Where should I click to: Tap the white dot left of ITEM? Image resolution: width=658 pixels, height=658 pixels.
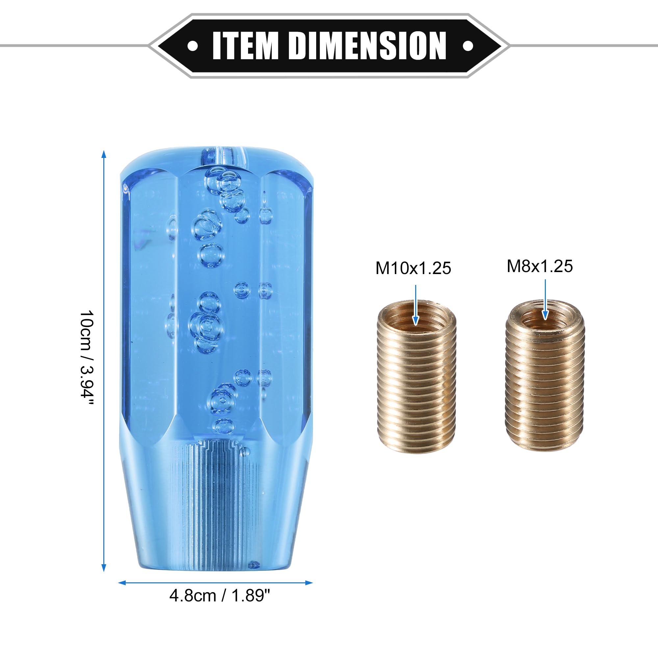tap(193, 46)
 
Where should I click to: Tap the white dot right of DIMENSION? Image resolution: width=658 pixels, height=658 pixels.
tap(468, 46)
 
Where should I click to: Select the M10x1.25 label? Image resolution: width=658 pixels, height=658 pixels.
tap(413, 268)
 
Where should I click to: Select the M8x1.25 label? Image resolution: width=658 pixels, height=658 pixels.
tap(540, 266)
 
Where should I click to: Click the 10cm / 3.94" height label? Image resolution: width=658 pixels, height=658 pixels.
tap(86, 358)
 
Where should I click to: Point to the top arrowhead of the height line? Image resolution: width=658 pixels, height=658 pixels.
tap(104, 154)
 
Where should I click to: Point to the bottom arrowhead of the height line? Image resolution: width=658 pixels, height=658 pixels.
tap(104, 568)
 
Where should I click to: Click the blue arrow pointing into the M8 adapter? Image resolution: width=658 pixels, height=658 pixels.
tap(545, 300)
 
